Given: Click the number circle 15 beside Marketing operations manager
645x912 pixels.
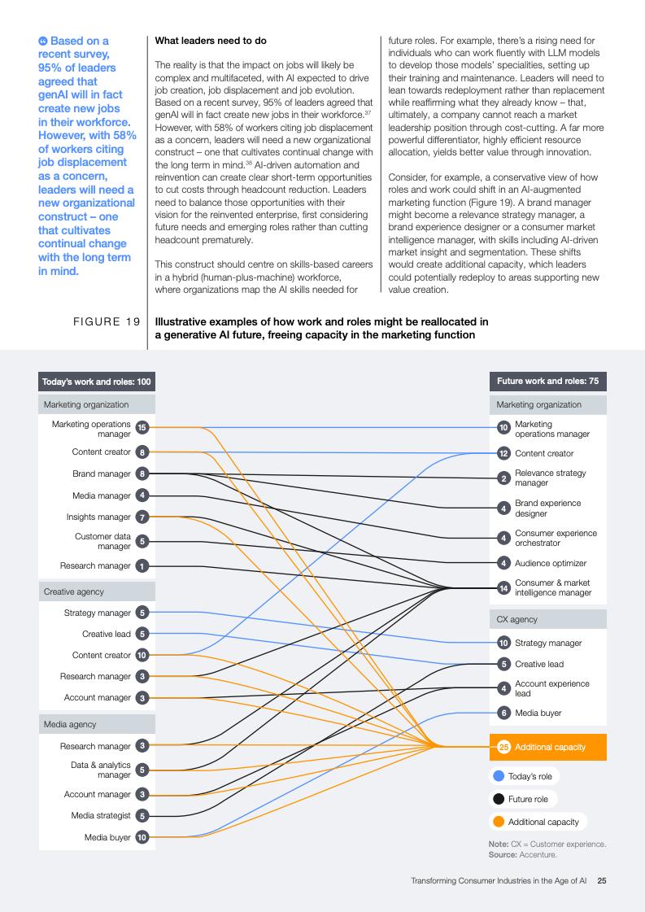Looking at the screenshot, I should coord(142,427).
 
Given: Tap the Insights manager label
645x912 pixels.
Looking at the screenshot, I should coord(98,517).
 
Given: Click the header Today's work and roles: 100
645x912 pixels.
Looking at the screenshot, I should coord(96,382).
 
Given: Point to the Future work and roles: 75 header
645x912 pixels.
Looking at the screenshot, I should coord(548,382).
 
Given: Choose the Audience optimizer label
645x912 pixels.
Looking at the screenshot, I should coord(551,563).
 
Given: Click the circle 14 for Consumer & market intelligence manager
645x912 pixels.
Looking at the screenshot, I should coord(503,587).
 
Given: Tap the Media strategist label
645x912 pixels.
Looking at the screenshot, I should coord(101,815).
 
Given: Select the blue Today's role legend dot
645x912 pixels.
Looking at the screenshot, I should coord(498,776).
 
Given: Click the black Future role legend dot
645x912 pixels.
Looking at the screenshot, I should coord(498,799).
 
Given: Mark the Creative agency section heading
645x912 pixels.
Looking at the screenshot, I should coord(74,591).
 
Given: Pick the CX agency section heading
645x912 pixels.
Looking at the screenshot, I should coord(517,619).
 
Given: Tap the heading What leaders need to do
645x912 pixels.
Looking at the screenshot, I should coord(211,41).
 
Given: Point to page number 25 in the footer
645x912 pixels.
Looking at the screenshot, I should coord(602,880).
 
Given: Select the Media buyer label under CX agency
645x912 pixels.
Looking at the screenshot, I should coord(538,713).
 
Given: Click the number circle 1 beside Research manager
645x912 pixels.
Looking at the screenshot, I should coord(142,565).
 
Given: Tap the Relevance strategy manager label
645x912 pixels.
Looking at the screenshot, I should coord(550,478).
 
